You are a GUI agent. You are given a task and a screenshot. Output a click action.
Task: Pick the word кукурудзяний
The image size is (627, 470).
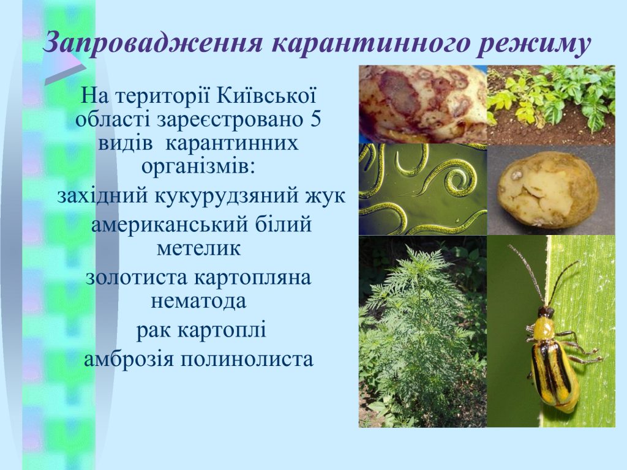tap(228, 196)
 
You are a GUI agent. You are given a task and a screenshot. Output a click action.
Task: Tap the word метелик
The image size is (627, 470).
tap(198, 248)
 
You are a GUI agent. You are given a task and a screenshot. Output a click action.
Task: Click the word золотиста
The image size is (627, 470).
tap(136, 278)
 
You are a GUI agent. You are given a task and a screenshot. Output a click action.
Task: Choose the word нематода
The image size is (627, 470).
tap(198, 301)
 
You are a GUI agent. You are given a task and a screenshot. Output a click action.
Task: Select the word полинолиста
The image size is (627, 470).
tap(247, 359)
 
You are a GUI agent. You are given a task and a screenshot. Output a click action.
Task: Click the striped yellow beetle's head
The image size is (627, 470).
tap(546, 311)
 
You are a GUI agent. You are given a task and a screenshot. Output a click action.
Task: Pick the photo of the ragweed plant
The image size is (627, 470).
tap(422, 331)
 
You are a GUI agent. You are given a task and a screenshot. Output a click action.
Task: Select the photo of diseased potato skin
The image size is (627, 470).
tap(422, 104)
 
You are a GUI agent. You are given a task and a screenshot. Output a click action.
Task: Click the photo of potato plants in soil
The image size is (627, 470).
tap(551, 105)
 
